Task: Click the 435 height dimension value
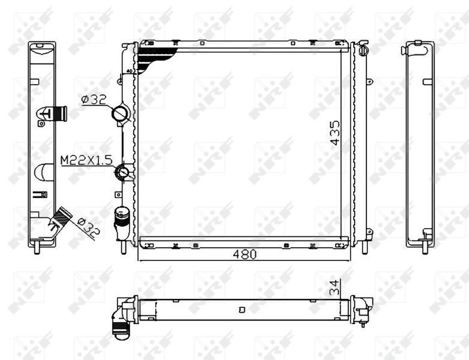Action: (335, 133)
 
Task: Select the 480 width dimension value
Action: (244, 254)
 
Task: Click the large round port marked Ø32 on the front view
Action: (121, 113)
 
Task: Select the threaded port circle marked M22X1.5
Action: (124, 173)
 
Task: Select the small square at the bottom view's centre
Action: (242, 310)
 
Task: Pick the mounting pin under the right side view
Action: (425, 247)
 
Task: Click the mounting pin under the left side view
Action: (39, 247)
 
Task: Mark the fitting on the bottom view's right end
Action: (362, 308)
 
